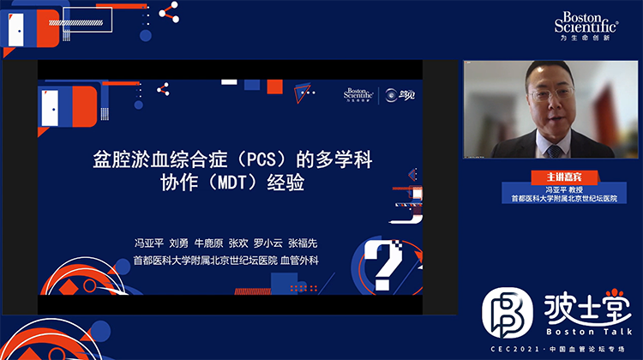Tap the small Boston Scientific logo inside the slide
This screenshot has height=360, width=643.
coord(358,94)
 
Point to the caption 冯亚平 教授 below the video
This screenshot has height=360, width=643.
coord(550,187)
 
